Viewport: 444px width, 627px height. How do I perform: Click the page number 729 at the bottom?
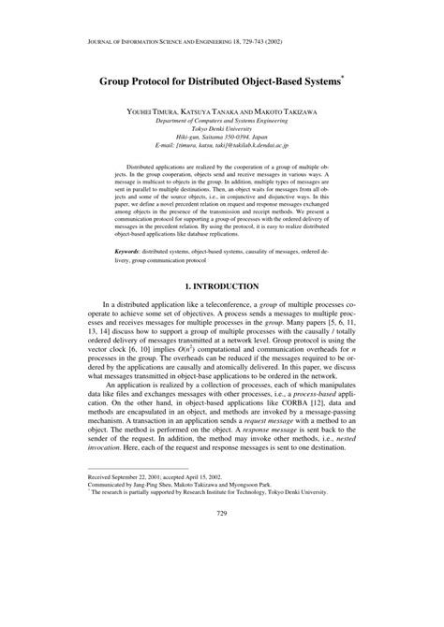[x=222, y=592]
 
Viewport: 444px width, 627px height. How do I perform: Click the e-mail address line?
[x=223, y=146]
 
